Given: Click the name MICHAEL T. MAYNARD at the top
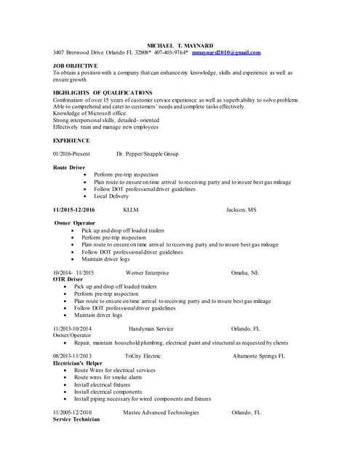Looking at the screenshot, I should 178,44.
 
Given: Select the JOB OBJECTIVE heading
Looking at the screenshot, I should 76,65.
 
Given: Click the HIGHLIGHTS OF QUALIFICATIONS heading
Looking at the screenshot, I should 103,93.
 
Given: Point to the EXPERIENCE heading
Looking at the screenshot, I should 71,140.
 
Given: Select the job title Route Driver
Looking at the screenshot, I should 69,167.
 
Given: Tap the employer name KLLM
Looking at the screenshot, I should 131,209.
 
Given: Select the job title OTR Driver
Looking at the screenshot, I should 68,279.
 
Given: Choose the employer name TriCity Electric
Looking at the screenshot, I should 143,356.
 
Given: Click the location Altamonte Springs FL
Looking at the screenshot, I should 258,356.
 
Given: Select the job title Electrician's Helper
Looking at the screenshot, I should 78,363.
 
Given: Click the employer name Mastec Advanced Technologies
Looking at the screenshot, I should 161,412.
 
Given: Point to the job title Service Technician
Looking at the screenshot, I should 76,419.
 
